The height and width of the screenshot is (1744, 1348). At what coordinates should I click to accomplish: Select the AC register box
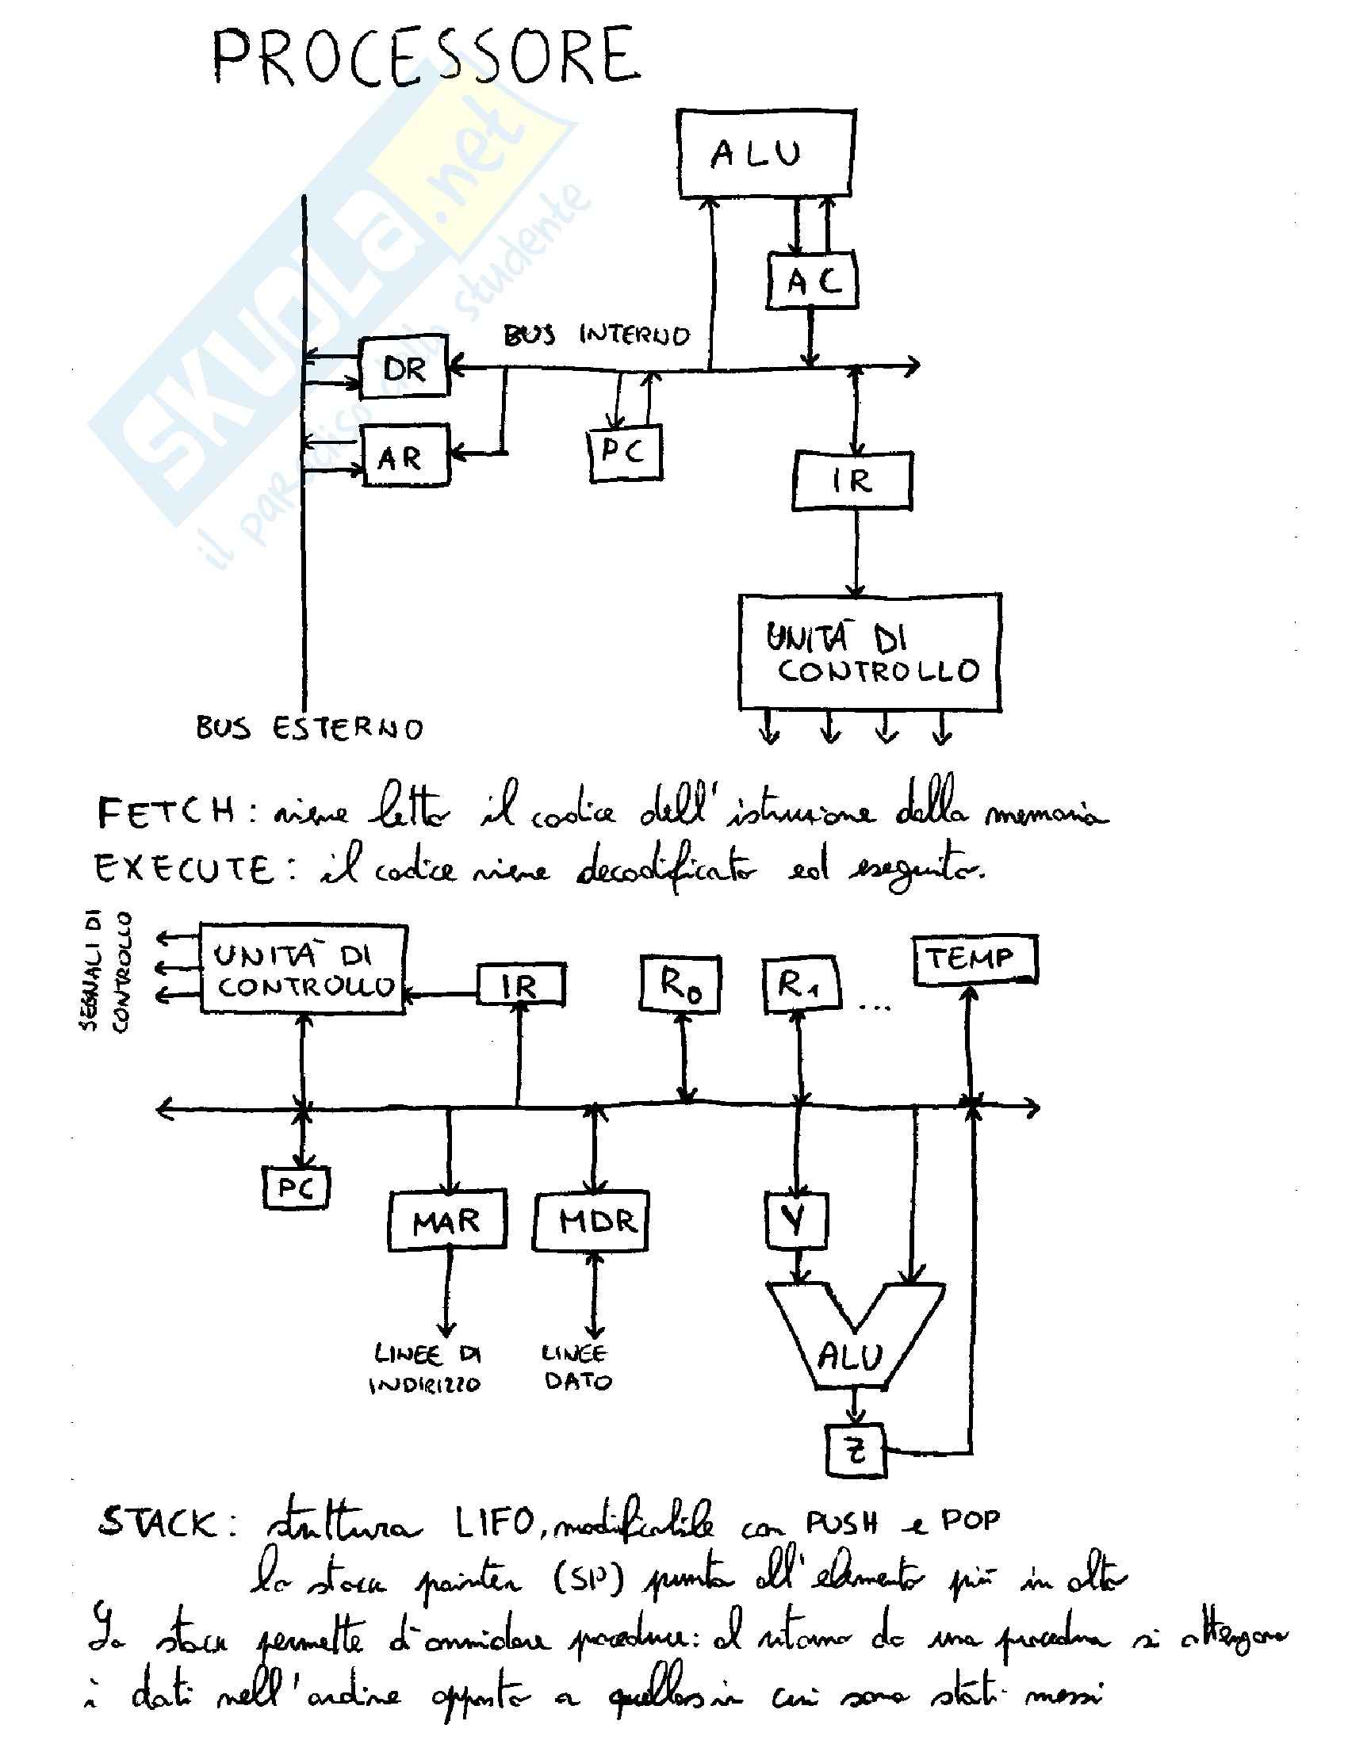(812, 281)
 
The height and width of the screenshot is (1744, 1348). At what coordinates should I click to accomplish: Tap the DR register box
(404, 368)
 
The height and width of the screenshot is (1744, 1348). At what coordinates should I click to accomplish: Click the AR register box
(405, 457)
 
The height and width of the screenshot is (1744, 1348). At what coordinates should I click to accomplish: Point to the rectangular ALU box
(766, 152)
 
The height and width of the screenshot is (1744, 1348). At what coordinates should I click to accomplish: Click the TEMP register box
(975, 958)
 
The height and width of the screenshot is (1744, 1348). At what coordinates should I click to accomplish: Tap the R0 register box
(680, 984)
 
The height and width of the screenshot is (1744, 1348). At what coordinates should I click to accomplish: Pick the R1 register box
(800, 985)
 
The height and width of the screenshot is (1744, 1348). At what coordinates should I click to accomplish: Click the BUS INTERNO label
(595, 334)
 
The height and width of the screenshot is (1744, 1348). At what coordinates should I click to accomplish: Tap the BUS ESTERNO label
(310, 729)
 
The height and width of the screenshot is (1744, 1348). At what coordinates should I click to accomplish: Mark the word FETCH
(165, 813)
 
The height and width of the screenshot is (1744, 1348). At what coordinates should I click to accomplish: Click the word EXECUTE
(184, 869)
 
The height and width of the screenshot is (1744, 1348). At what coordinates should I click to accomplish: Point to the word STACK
(157, 1524)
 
